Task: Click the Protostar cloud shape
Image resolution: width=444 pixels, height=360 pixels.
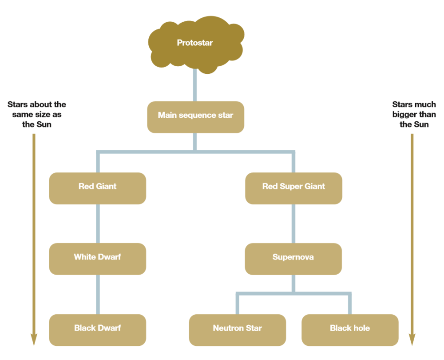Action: [x=195, y=43]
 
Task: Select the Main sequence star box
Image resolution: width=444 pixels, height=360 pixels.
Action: [x=195, y=116]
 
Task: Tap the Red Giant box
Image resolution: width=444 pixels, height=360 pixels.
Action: [x=98, y=188]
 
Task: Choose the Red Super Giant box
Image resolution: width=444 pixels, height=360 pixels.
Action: [x=293, y=188]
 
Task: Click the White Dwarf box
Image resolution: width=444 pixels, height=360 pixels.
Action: [x=98, y=258]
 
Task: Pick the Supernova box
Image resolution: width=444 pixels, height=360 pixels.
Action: [x=293, y=258]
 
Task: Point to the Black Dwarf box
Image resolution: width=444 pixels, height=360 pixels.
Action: [x=98, y=329]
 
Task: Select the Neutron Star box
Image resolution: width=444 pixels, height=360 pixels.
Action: [x=238, y=329]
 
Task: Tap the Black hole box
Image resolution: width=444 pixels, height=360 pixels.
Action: [x=350, y=329]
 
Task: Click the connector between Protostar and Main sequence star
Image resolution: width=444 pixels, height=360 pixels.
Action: [x=194, y=86]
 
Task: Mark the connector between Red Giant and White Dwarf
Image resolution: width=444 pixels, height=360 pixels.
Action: [x=98, y=224]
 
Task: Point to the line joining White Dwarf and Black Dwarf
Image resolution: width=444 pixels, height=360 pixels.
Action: [x=98, y=294]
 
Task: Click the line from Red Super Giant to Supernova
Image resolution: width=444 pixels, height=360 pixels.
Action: [x=293, y=224]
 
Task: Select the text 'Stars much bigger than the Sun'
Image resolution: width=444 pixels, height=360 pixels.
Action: [x=414, y=114]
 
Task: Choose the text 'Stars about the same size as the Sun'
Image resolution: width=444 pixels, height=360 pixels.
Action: [x=37, y=114]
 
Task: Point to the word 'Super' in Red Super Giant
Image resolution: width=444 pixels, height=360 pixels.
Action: [x=289, y=186]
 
